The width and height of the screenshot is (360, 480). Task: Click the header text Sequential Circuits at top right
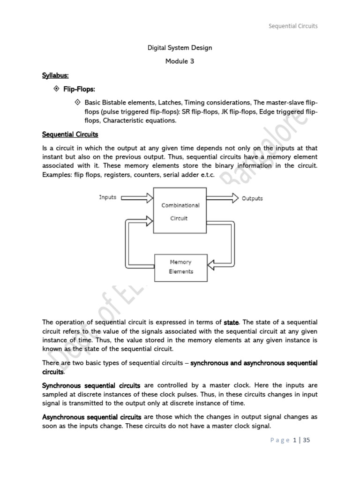tap(293, 26)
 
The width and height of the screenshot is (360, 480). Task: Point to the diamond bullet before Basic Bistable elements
tap(78, 102)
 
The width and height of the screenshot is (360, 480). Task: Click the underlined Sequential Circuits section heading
tap(70, 135)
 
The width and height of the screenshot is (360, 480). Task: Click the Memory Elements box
tap(180, 267)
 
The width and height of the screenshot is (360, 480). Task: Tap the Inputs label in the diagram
tap(107, 197)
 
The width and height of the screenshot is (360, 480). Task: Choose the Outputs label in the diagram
tap(252, 198)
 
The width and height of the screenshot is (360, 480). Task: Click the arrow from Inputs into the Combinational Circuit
tap(137, 198)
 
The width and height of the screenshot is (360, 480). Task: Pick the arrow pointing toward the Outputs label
tap(223, 198)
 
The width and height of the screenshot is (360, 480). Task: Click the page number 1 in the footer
tap(295, 440)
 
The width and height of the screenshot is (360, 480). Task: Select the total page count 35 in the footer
tap(307, 440)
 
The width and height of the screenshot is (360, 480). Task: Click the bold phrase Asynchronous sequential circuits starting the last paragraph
tap(92, 417)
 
